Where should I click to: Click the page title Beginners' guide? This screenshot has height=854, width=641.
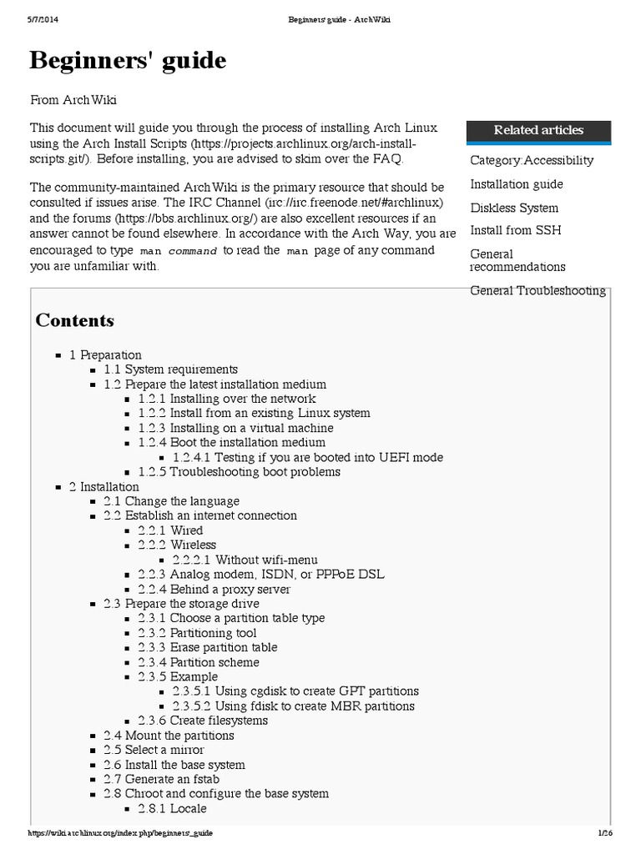[128, 61]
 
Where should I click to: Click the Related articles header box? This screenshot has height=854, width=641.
[538, 130]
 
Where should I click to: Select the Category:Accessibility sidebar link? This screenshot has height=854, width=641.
[532, 160]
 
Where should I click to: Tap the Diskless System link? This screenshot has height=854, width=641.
[514, 208]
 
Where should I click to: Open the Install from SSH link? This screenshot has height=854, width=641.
[515, 230]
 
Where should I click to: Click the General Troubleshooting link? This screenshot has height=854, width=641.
[538, 290]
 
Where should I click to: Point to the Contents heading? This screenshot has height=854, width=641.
[74, 320]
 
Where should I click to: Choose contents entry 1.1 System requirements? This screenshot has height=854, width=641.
[170, 369]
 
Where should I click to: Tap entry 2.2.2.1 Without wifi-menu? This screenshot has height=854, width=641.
[245, 560]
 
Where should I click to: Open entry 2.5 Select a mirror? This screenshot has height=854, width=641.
[154, 750]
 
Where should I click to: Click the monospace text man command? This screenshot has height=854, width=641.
[178, 251]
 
